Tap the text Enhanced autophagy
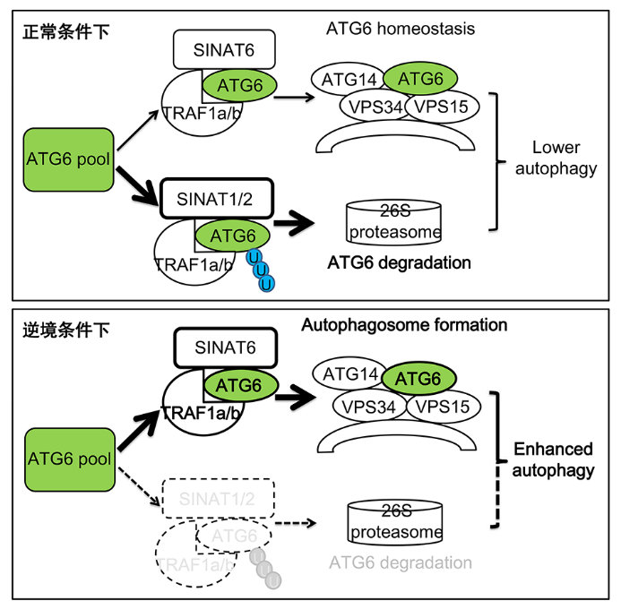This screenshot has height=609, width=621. tap(556, 459)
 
